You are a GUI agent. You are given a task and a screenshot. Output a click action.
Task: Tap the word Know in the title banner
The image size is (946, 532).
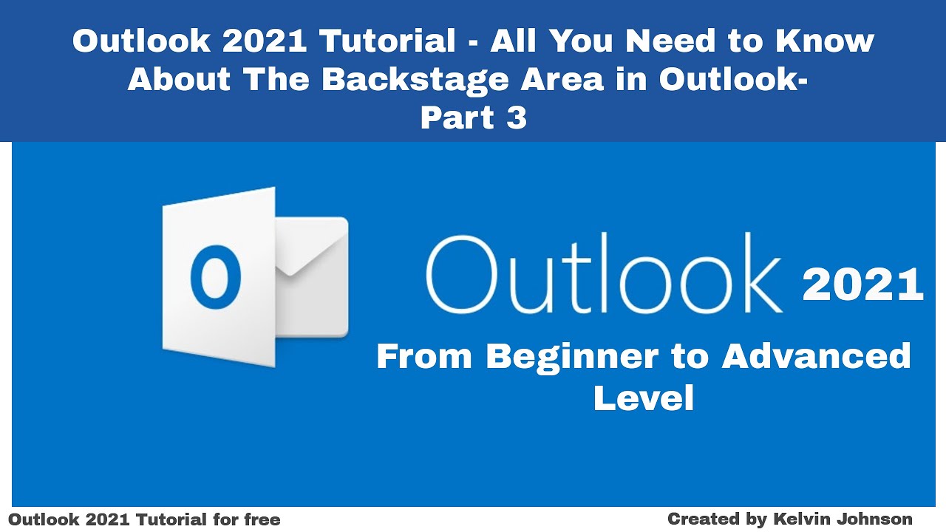pyautogui.click(x=825, y=41)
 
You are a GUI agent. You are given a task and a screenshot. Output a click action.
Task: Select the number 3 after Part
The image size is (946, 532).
pyautogui.click(x=517, y=118)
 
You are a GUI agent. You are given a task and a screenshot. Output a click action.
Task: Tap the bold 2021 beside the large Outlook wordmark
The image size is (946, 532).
pyautogui.click(x=862, y=286)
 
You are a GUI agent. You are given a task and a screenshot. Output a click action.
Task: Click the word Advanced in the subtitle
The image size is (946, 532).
pyautogui.click(x=816, y=356)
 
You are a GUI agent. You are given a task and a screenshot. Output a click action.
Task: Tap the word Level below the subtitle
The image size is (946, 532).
pyautogui.click(x=643, y=399)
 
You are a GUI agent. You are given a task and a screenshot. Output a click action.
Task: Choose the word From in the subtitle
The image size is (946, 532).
pyautogui.click(x=423, y=356)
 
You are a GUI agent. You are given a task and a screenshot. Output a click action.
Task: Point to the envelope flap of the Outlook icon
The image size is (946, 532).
pyautogui.click(x=310, y=248)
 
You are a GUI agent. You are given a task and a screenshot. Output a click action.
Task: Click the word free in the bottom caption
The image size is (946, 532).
pyautogui.click(x=261, y=519)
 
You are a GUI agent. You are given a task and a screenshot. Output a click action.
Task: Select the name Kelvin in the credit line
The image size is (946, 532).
pyautogui.click(x=800, y=519)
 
